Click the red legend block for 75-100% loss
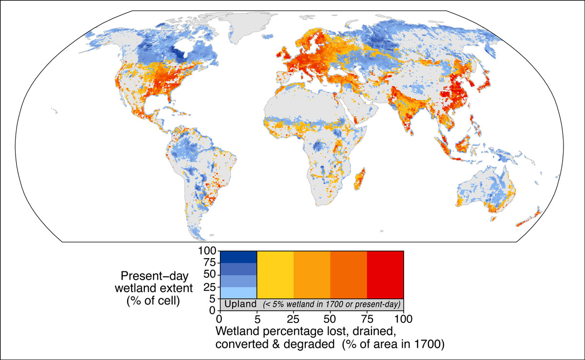(x=385, y=274)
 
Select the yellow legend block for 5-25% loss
(x=275, y=274)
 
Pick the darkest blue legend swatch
(x=238, y=256)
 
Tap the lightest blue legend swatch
(x=238, y=292)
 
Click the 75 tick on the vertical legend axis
(x=211, y=263)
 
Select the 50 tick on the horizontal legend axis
(x=330, y=320)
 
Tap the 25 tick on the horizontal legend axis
(x=293, y=320)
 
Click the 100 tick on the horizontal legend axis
(x=403, y=320)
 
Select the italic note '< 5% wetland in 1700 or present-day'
(x=331, y=304)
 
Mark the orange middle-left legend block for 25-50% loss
(x=312, y=274)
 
